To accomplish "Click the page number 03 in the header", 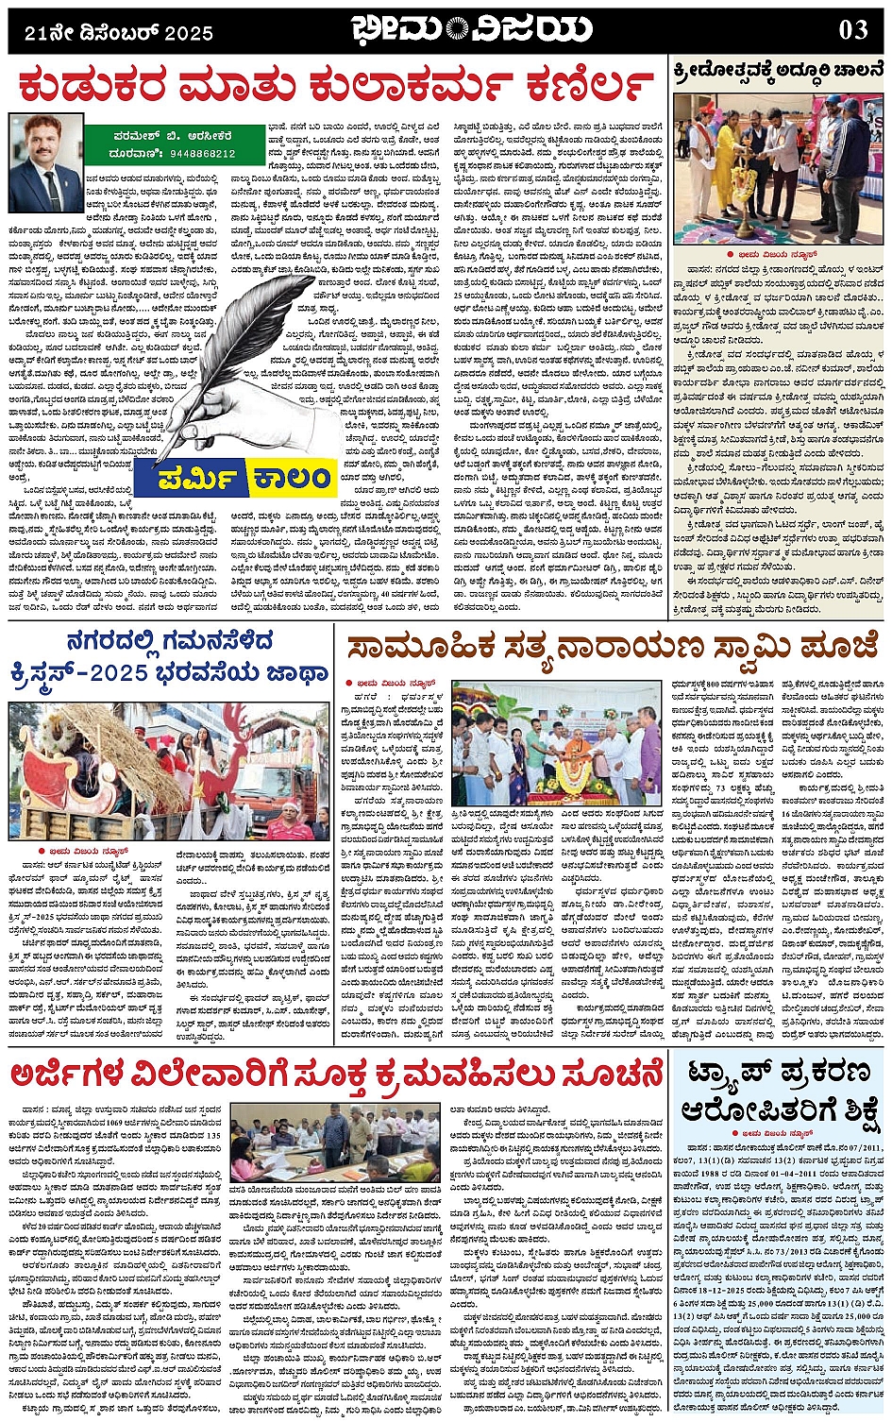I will click(x=852, y=30).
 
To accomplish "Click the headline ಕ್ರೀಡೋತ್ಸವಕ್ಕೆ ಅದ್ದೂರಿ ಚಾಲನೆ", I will click(x=778, y=69).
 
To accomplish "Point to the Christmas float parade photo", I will click(x=170, y=770).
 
